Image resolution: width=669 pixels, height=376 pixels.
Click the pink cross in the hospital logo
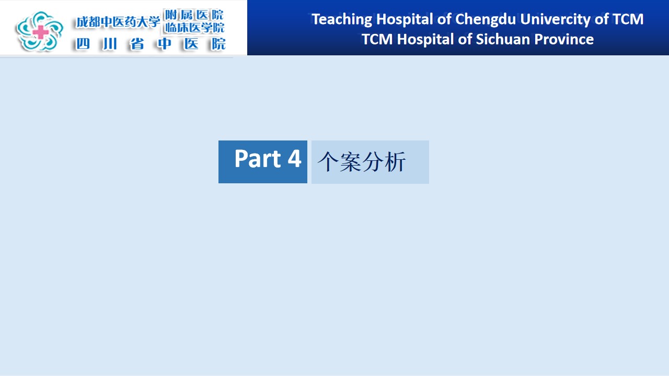pos(41,32)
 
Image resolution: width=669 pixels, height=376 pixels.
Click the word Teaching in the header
pos(342,20)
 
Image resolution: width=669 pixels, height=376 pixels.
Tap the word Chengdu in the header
pos(486,20)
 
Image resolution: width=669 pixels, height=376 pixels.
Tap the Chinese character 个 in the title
pos(328,162)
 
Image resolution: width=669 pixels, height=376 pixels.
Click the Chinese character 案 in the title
pos(350,162)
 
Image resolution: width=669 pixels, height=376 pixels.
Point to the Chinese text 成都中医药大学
pos(118,22)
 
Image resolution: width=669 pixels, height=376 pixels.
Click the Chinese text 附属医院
pos(194,15)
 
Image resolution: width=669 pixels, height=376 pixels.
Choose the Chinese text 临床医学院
pos(194,28)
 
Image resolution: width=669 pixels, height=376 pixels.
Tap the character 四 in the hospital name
pos(83,44)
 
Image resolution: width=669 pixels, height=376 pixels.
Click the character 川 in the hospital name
pos(110,44)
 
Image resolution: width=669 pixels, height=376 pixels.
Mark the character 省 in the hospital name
pos(137,44)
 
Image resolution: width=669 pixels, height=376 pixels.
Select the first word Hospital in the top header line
pos(405,20)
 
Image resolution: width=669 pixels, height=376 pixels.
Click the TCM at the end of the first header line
pos(628,19)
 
